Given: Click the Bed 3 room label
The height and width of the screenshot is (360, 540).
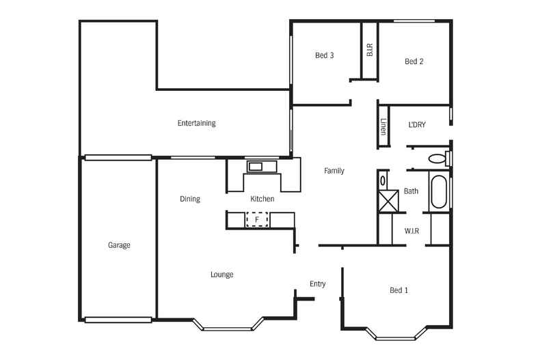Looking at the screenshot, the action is click(x=325, y=55).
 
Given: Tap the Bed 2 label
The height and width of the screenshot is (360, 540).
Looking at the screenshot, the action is click(x=414, y=61).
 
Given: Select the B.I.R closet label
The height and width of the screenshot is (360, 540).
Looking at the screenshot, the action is click(x=370, y=50).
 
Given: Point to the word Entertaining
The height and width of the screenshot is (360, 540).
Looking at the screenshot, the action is click(x=197, y=123).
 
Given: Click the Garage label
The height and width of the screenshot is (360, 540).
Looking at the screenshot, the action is click(x=119, y=245).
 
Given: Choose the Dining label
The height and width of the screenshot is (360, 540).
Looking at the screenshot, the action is click(x=190, y=199).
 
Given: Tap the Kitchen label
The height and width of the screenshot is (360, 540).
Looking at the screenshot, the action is click(x=262, y=199).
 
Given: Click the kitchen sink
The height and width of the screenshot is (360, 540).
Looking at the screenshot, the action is click(x=262, y=167).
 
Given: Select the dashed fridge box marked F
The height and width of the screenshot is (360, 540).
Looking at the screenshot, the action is click(x=257, y=219).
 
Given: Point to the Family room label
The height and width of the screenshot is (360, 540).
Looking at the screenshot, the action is click(x=334, y=171).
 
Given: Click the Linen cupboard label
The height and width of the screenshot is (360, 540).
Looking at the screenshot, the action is click(x=383, y=126).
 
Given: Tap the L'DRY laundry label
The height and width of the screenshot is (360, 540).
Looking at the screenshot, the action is click(x=417, y=124).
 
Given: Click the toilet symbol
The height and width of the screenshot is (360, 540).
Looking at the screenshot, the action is click(x=440, y=158).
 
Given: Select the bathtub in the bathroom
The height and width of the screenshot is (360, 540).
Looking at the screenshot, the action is click(x=439, y=192).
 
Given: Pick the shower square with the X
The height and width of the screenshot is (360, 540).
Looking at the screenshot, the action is click(x=388, y=201).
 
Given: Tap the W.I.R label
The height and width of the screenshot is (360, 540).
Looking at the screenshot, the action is click(x=411, y=231).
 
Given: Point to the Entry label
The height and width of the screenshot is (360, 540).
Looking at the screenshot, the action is click(x=318, y=284).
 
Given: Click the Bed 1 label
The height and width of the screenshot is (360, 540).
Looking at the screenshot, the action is click(x=399, y=290).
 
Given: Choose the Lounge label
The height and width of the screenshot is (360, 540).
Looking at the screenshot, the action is click(x=221, y=275).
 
